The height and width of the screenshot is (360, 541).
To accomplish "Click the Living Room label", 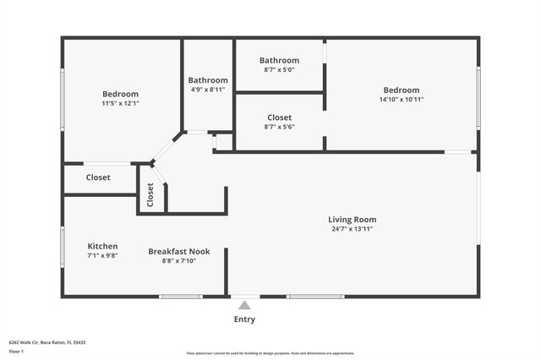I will click(352, 220).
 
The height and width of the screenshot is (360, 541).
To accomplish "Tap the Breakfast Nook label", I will click(178, 251).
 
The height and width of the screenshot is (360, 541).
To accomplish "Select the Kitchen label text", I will click(102, 246).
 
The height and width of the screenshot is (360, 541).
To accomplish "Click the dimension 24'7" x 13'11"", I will click(352, 229).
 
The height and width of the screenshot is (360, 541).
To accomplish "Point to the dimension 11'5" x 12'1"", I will click(120, 103).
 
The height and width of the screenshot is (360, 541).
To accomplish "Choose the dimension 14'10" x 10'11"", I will click(401, 100).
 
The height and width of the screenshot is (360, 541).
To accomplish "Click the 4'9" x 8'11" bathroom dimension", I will click(207, 89).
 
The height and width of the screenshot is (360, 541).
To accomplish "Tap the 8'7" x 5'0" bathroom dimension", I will click(279, 69).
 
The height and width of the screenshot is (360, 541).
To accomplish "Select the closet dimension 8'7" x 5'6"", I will click(279, 127).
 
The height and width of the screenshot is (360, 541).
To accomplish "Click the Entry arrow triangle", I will click(244, 305).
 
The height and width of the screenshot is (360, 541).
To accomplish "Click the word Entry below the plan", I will click(244, 319).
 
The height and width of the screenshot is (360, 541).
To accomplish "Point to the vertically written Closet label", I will click(150, 195).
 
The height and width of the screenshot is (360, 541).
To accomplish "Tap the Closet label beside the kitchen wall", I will click(98, 177).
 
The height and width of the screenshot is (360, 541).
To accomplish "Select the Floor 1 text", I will click(16, 350).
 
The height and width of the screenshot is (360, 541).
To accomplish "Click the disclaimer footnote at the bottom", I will click(270, 353).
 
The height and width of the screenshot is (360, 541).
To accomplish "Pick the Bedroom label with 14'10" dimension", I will click(401, 90).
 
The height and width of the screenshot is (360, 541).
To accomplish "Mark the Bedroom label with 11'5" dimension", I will click(120, 94).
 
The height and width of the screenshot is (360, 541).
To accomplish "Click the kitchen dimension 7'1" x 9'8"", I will click(102, 255).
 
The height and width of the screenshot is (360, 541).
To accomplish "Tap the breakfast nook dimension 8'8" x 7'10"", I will click(178, 261).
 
